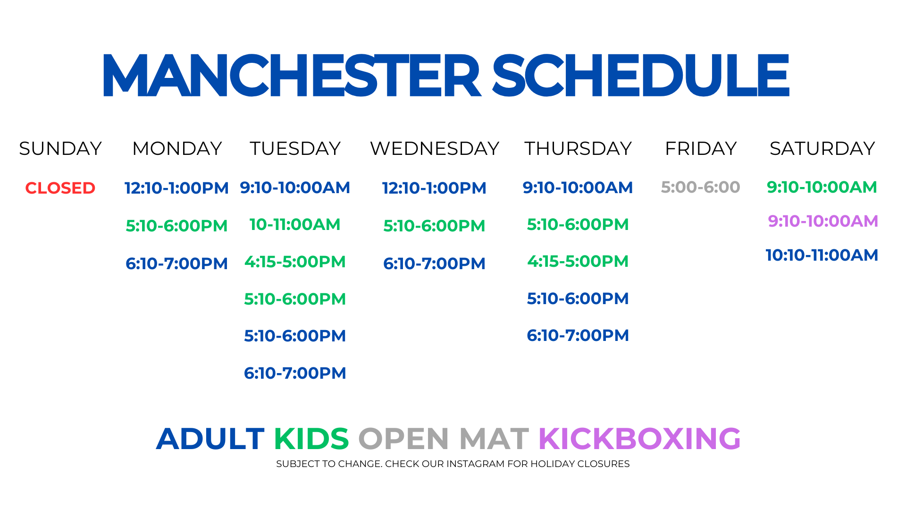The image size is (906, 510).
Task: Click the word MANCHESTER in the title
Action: pos(292,76)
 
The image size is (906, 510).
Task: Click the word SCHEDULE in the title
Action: pos(641,76)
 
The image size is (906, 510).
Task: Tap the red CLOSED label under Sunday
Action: pos(60,188)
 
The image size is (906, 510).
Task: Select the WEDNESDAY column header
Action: pos(435,148)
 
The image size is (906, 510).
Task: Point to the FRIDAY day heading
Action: pos(701,148)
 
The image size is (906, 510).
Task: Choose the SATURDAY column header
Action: pos(822,148)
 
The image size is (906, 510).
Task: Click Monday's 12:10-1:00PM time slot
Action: pos(176,188)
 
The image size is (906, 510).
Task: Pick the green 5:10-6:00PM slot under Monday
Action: pos(176,226)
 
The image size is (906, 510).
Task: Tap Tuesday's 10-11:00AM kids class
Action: pos(295,224)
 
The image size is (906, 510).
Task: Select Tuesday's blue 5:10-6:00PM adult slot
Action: pos(295,336)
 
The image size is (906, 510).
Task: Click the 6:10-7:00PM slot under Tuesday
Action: pos(295,373)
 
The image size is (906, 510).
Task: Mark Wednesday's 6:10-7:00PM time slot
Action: pos(434,263)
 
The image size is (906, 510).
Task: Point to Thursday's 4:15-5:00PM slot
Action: pos(578,261)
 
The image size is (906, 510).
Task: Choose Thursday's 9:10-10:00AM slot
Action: pos(578,187)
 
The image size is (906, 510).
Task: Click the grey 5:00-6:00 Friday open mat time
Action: pos(701,187)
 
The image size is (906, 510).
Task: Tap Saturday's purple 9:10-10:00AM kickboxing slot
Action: pos(823,221)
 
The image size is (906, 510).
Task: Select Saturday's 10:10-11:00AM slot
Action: pos(822,255)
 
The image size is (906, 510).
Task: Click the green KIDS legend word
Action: pos(311,439)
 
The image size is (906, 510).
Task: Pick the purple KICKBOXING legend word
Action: pos(640,439)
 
